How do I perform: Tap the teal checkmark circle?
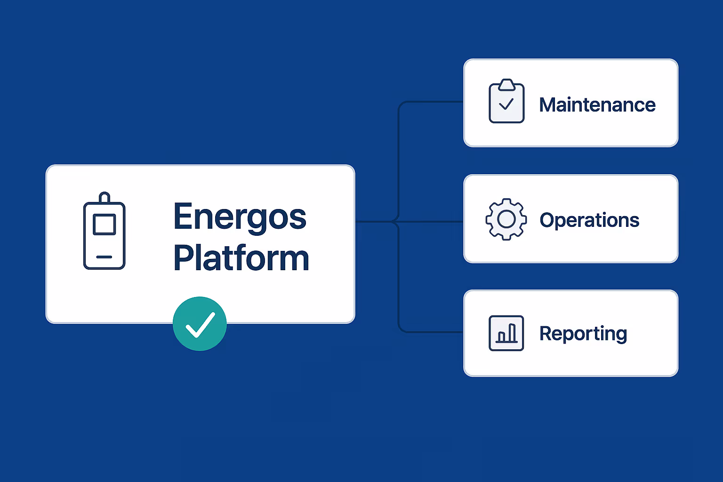point(200,324)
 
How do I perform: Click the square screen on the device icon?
point(104,224)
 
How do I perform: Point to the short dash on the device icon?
point(104,257)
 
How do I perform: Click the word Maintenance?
point(597,104)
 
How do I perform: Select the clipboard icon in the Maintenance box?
point(506,102)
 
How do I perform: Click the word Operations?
point(589,220)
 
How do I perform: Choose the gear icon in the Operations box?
point(506,219)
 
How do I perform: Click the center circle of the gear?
point(506,219)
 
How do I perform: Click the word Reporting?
point(583,333)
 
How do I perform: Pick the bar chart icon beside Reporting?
point(506,333)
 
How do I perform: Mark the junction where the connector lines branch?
point(398,221)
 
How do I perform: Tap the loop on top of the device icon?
point(104,197)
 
